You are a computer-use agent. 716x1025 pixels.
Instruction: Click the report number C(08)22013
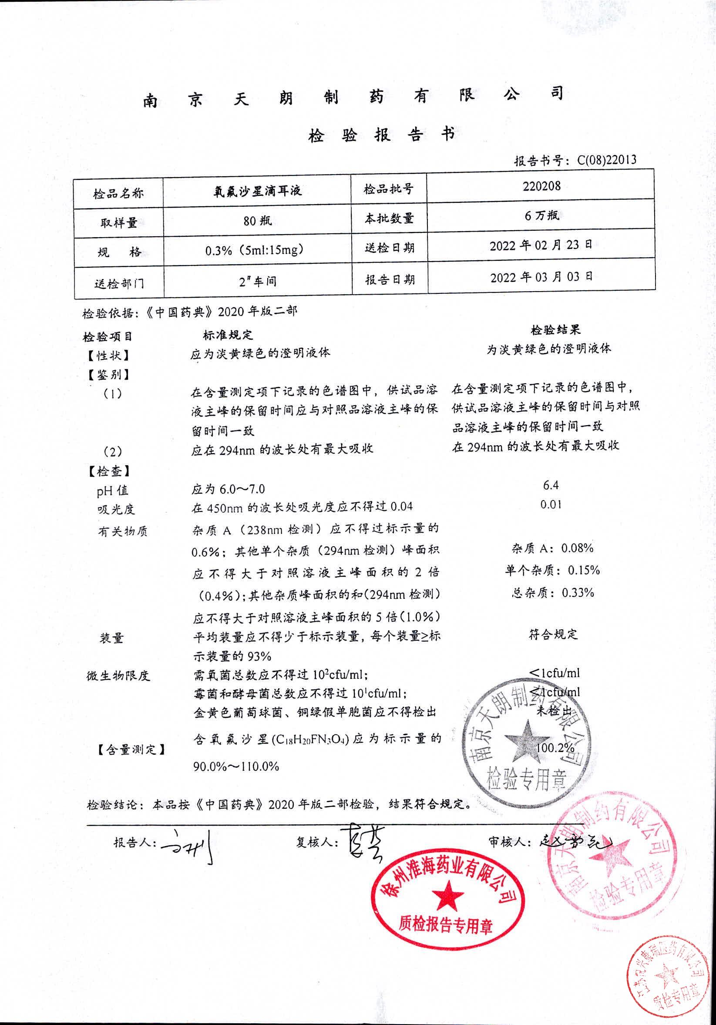point(607,160)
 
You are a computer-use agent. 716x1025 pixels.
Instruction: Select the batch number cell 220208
point(541,186)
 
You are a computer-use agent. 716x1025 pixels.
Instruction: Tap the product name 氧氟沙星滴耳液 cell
point(258,191)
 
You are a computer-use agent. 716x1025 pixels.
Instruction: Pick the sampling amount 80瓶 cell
point(258,221)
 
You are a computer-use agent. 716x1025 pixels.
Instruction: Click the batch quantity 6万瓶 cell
point(541,215)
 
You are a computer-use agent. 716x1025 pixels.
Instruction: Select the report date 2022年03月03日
point(541,277)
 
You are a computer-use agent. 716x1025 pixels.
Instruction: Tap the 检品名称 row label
point(118,194)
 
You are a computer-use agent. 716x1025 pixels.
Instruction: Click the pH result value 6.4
point(551,485)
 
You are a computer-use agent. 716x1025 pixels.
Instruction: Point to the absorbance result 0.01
point(551,504)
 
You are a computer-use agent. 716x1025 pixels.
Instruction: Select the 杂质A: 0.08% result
point(552,548)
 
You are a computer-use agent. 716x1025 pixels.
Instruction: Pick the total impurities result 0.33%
point(552,593)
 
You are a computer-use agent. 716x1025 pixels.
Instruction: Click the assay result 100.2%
point(555,747)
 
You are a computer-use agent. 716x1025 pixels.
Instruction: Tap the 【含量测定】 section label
point(131,749)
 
